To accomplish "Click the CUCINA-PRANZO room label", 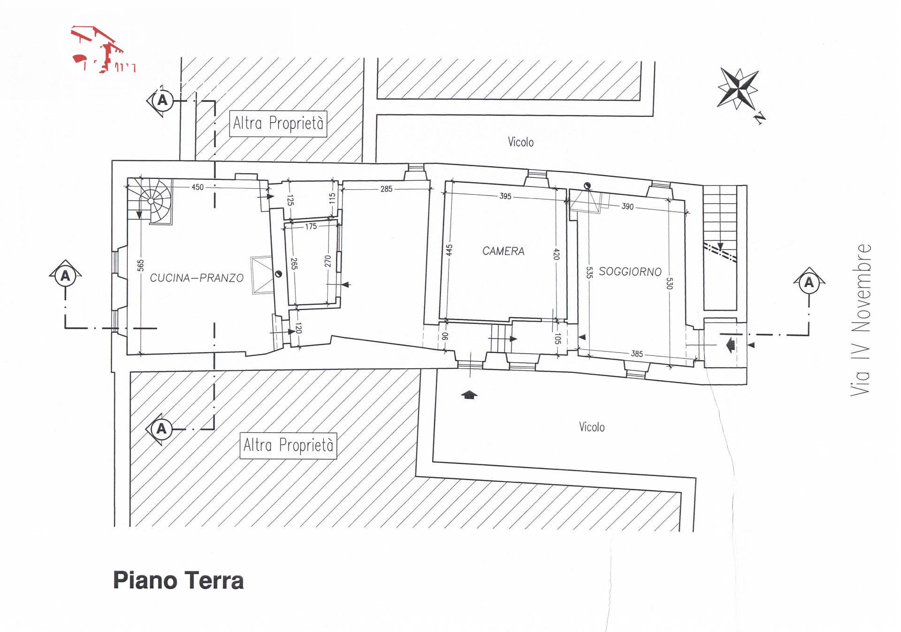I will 197,278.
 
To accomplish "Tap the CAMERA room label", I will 503,251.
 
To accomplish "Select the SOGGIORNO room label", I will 630,271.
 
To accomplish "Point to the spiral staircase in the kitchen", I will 151,201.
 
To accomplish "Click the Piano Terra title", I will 178,580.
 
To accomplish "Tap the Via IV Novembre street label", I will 861,319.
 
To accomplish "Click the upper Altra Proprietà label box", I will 278,123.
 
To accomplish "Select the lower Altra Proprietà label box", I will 288,445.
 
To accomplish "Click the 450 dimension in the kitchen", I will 198,187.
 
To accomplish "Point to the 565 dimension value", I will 141,266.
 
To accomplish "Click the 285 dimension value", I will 386,189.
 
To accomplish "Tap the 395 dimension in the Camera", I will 505,196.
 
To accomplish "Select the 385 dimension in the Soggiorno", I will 637,354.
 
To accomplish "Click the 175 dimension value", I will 311,226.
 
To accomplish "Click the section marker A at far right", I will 809,283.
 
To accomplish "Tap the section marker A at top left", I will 162,100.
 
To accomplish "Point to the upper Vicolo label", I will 520,142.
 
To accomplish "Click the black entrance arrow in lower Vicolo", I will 469,395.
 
